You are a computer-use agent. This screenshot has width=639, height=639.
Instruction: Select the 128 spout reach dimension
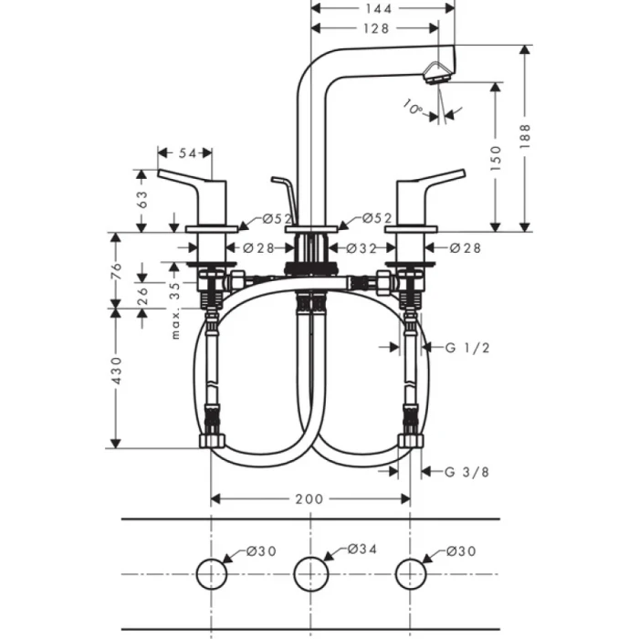373,28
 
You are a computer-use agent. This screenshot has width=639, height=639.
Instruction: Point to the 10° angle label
412,109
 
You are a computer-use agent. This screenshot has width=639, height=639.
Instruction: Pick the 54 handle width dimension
187,152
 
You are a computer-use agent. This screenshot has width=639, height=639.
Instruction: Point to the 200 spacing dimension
310,498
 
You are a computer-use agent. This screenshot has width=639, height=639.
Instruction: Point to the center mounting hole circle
310,572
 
